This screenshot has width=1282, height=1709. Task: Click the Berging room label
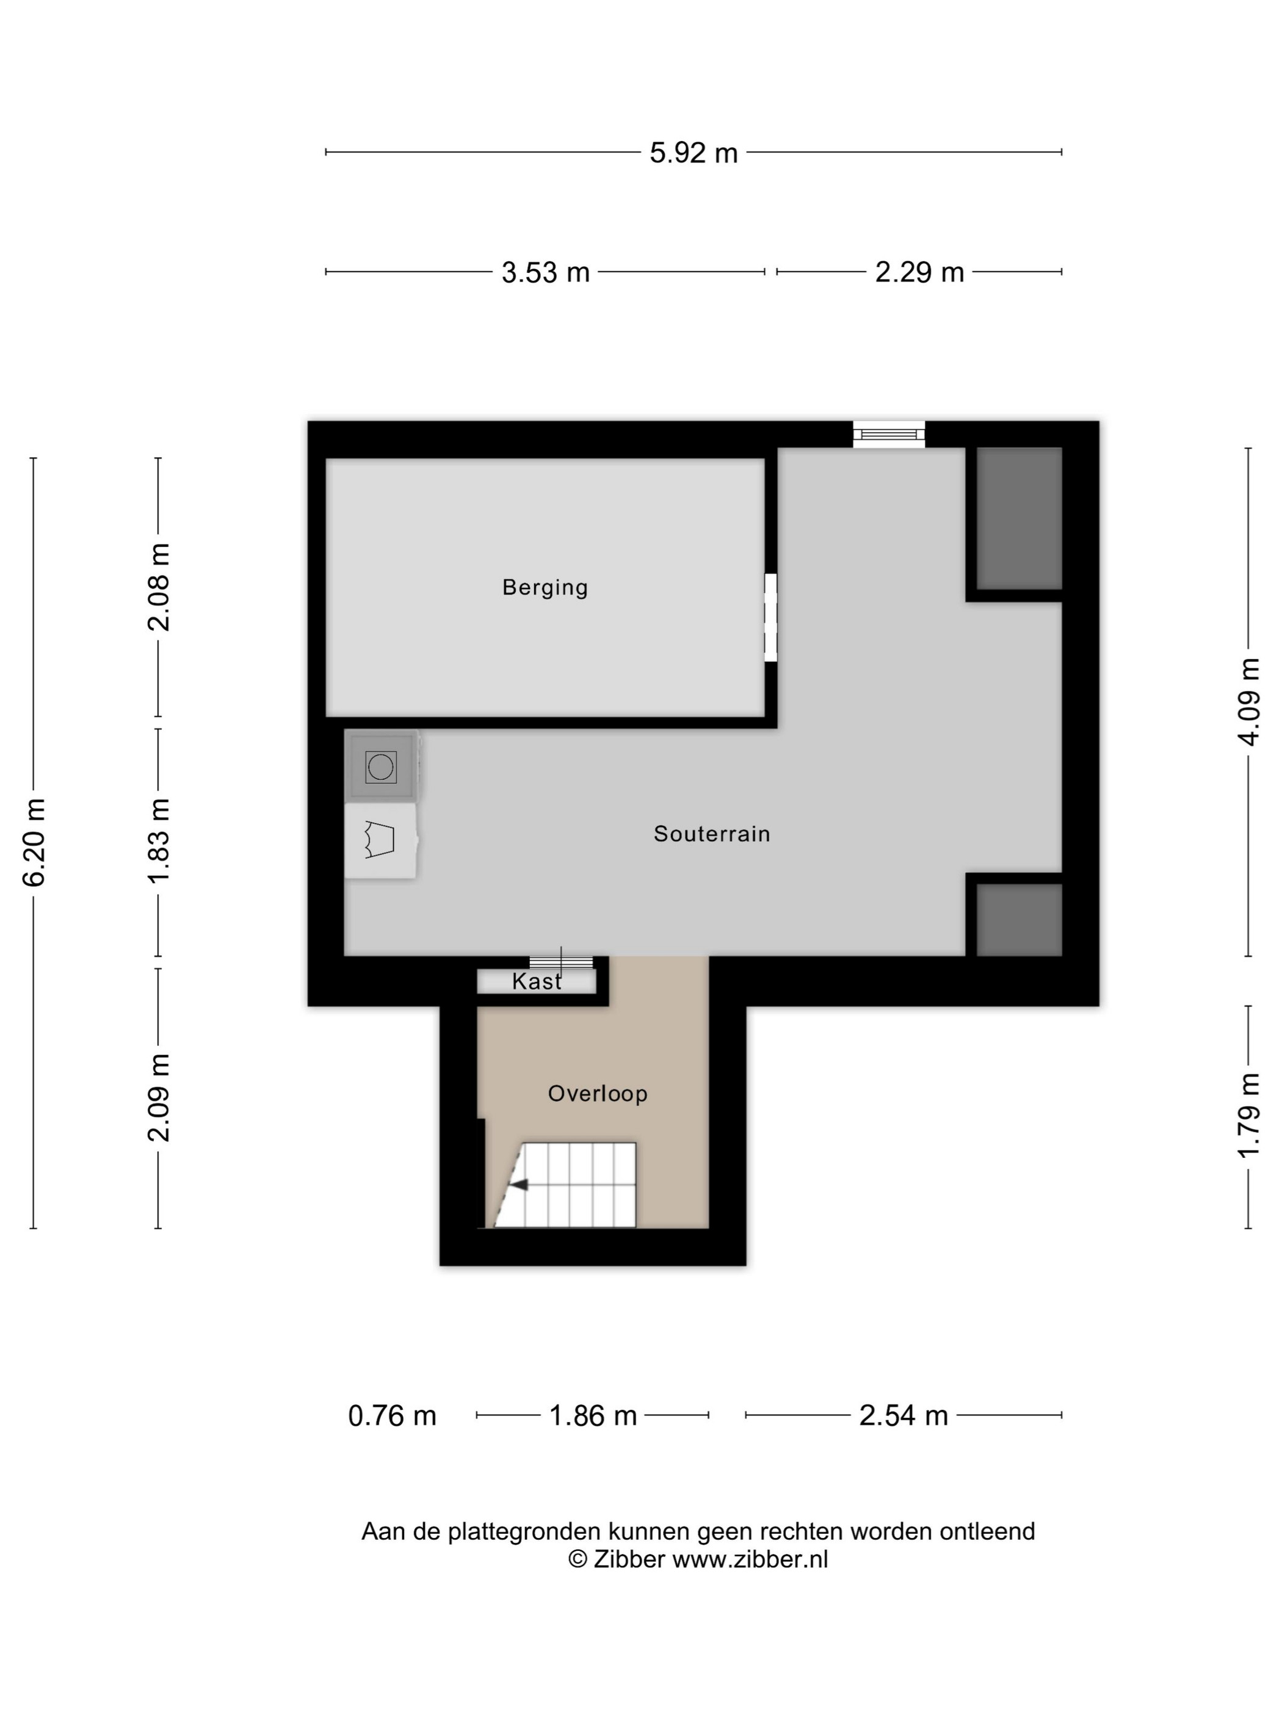click(545, 588)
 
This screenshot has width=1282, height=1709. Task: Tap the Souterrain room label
click(712, 834)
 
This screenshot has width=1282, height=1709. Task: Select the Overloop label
click(597, 1094)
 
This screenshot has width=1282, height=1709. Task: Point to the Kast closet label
click(536, 981)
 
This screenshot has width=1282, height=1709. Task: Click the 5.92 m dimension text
click(693, 153)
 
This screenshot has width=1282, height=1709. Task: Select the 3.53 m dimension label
click(546, 272)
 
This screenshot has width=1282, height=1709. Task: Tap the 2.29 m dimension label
click(919, 272)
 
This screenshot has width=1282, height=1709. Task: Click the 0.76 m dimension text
click(393, 1415)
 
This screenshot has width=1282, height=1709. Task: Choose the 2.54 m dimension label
click(904, 1415)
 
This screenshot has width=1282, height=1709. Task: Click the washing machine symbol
click(381, 767)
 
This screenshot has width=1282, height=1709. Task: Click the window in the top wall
click(889, 434)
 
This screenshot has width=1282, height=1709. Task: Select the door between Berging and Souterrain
click(770, 617)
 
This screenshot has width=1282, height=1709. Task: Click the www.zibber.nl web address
click(750, 1559)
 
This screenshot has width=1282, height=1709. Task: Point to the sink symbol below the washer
click(381, 840)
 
